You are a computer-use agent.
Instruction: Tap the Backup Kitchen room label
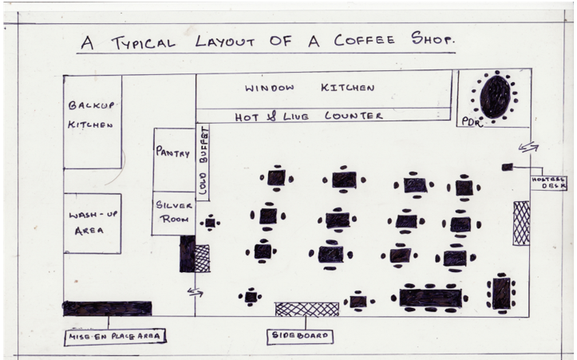point(91,115)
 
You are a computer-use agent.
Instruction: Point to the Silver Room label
point(172,212)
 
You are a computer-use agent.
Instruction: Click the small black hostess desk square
point(507,166)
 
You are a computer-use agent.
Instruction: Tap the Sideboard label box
point(300,336)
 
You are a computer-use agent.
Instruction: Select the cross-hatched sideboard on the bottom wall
point(306,309)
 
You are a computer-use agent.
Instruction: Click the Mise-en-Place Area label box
point(114,336)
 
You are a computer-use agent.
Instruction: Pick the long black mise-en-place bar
point(107,308)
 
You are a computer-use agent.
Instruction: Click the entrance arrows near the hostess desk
point(528,147)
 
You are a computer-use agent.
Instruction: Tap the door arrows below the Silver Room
point(195,292)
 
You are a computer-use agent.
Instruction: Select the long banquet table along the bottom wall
point(430,298)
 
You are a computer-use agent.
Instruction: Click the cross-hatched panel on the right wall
point(521,223)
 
